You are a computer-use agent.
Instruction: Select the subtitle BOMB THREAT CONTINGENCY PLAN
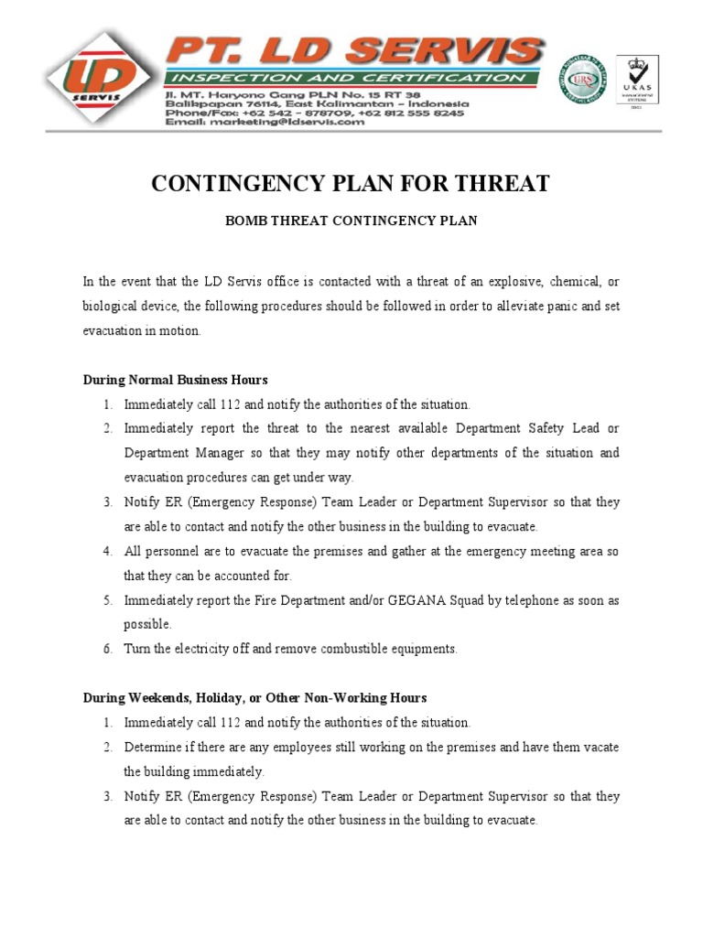(351, 222)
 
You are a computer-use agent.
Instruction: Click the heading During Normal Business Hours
(176, 380)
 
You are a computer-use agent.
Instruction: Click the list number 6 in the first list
(106, 649)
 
